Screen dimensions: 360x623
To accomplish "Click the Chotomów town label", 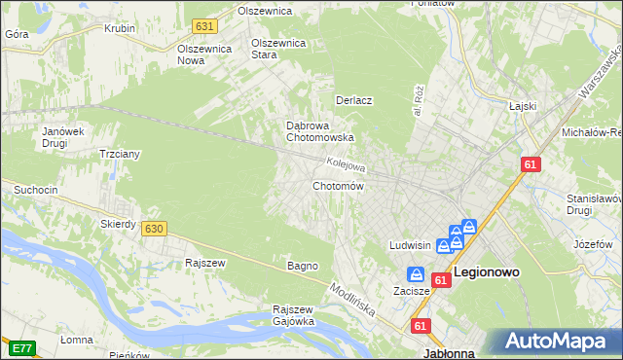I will [338, 186].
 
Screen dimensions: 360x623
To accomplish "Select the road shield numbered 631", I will [203, 26].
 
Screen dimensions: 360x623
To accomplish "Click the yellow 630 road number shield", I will [152, 229].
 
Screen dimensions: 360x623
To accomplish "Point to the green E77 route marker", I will [21, 346].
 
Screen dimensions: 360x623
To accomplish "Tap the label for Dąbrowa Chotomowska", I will [319, 131].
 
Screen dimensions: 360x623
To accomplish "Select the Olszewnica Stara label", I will [278, 49].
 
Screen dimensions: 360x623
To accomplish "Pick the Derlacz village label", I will [355, 100].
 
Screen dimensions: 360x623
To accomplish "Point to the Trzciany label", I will [122, 155].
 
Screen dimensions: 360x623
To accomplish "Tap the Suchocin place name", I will [37, 188].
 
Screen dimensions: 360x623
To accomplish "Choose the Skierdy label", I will [118, 224].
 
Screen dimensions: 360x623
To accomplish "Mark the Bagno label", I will [303, 266].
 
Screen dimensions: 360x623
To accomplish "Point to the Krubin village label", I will [119, 28].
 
